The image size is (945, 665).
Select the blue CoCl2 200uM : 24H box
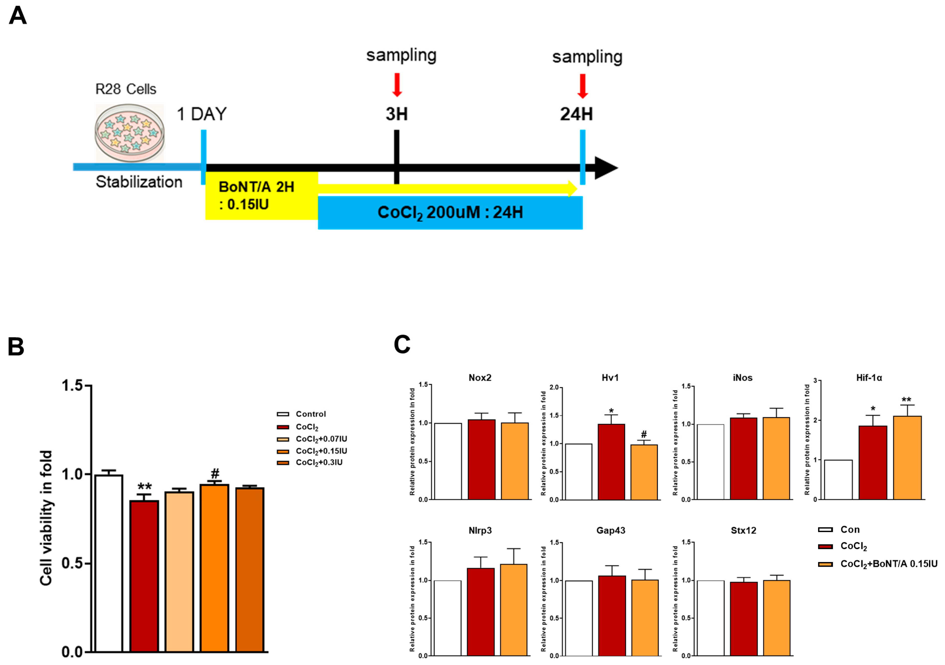tap(450, 213)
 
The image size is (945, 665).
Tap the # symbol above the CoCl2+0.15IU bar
tap(215, 473)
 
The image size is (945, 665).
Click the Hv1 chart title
tap(610, 378)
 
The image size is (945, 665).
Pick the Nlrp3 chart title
tap(480, 531)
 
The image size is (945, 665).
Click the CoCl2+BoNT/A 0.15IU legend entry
tap(888, 564)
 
